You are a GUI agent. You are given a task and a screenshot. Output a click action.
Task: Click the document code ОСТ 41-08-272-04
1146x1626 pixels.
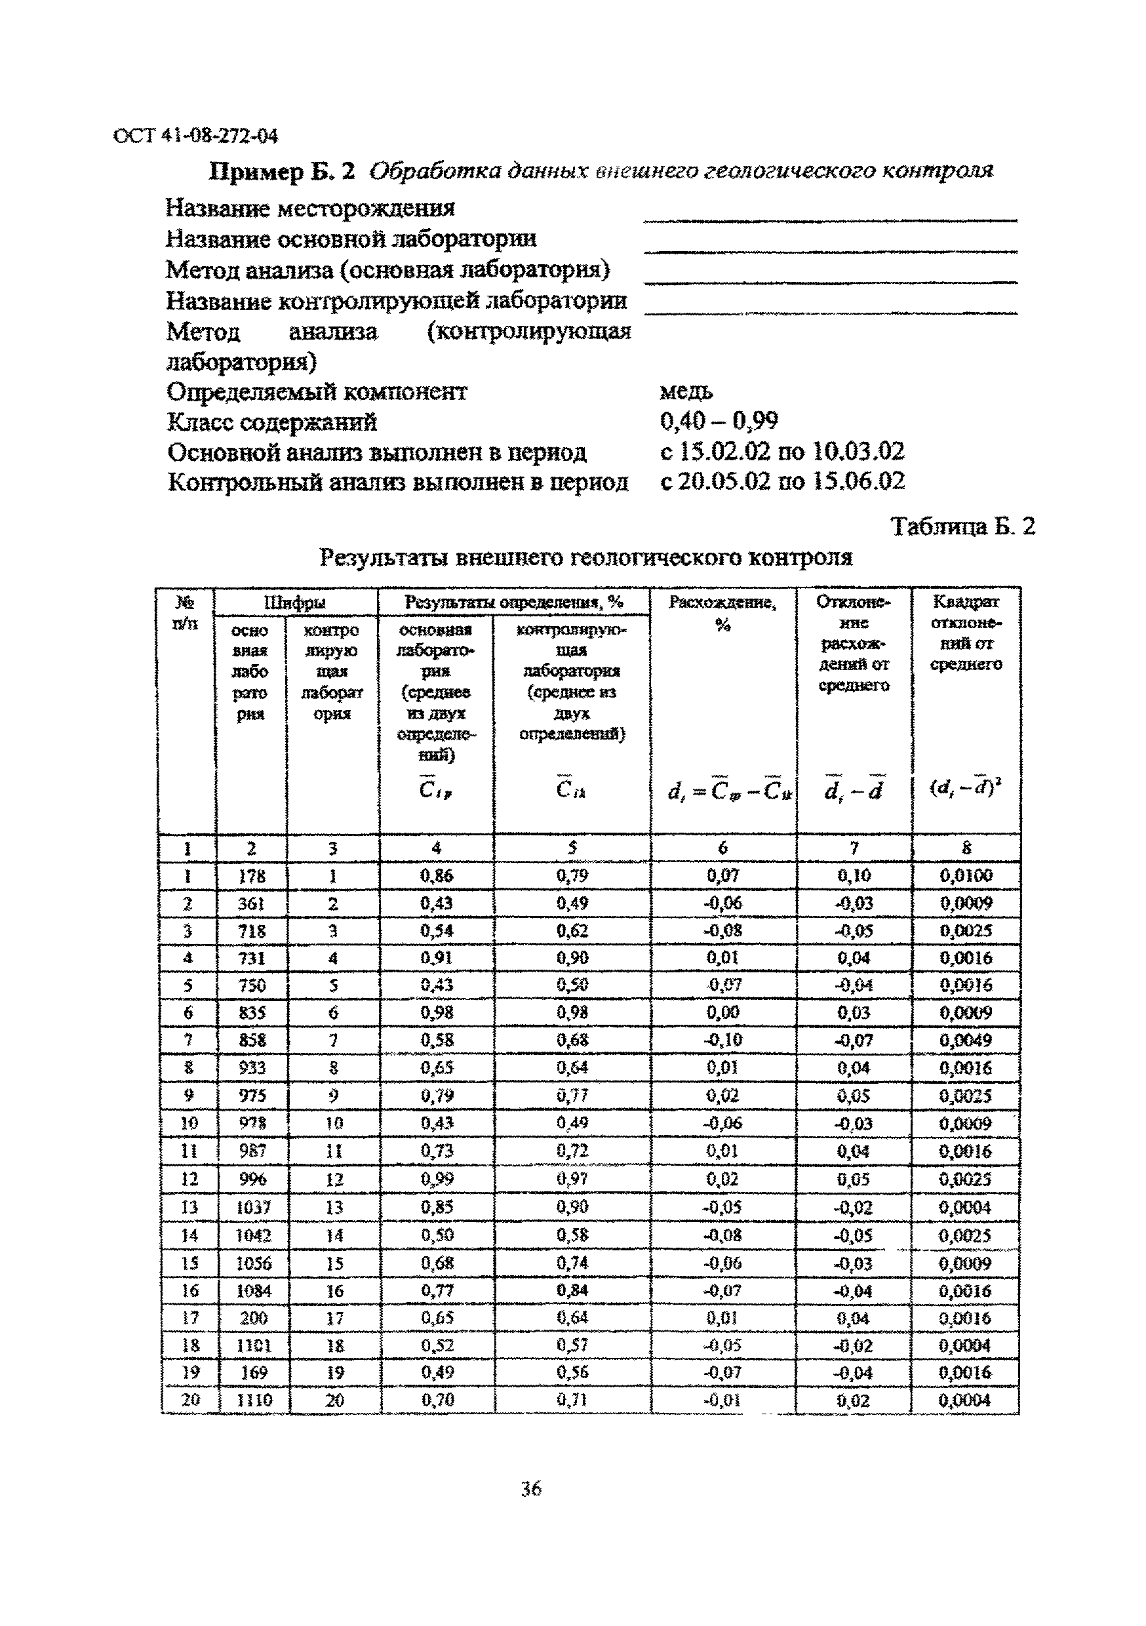tap(195, 135)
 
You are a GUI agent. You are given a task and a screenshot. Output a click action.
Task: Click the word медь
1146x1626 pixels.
tap(686, 391)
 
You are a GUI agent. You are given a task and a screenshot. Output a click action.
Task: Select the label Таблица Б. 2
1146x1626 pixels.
tap(962, 526)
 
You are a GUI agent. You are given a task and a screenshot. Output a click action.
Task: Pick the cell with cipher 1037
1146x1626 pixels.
tap(253, 1207)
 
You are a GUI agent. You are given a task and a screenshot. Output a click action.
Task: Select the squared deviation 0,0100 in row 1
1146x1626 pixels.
tap(966, 875)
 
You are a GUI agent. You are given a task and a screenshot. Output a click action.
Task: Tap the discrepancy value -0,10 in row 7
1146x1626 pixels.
tap(722, 1041)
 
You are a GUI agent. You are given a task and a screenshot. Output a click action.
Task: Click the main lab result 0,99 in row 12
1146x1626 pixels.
tap(436, 1179)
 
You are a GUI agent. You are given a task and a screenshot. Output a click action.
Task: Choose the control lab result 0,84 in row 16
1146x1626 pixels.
tap(572, 1290)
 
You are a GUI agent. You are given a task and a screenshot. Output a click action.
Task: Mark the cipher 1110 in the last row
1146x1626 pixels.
tap(253, 1400)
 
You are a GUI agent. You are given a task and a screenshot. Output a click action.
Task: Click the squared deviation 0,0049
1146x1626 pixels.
tap(966, 1041)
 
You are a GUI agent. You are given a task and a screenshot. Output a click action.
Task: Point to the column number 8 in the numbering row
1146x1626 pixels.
tap(966, 848)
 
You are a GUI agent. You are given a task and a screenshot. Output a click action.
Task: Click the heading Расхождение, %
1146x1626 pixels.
tap(722, 612)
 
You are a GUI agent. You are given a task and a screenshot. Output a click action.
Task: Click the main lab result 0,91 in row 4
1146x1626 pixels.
tap(436, 958)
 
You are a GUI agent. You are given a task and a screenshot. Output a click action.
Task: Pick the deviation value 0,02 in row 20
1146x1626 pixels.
tap(852, 1400)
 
